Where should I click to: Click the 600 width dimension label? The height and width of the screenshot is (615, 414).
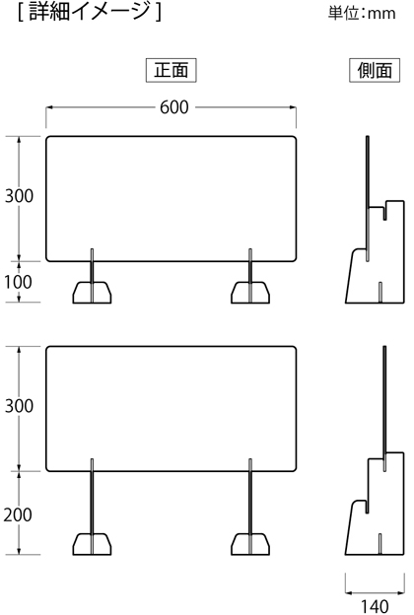(x=174, y=107)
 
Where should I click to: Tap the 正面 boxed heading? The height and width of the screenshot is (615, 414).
(x=172, y=70)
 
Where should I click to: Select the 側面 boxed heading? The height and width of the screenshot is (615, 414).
(x=375, y=70)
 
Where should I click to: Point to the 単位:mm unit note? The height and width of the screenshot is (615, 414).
(x=362, y=13)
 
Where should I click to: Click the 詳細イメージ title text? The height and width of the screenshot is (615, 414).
(x=90, y=12)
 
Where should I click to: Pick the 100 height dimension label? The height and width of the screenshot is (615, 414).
(x=18, y=282)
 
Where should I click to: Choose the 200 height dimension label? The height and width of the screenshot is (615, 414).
(x=18, y=514)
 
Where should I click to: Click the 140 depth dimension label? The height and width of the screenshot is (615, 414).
(x=375, y=606)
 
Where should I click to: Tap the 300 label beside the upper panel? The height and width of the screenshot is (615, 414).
(x=19, y=196)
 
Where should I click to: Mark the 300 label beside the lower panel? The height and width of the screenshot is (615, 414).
(x=19, y=405)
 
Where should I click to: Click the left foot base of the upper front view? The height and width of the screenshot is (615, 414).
(x=92, y=292)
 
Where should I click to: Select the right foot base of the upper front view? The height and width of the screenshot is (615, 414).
(x=250, y=292)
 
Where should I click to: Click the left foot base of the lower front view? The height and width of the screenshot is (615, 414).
(x=92, y=544)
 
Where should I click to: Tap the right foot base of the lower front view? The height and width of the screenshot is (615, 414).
(x=250, y=544)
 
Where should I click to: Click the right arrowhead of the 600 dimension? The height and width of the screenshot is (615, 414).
(x=293, y=107)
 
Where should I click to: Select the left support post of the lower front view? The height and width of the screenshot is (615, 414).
(x=93, y=507)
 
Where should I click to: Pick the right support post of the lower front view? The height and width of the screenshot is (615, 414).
(x=250, y=507)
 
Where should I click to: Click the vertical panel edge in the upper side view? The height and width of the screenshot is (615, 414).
(x=368, y=198)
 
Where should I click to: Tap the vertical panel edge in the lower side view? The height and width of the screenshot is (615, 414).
(x=384, y=408)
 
